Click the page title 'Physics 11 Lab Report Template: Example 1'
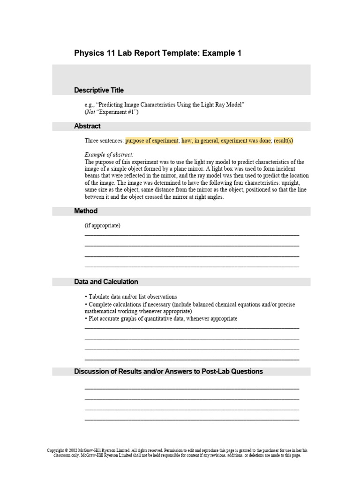157,53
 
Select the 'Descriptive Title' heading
99,90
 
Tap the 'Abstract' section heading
87,126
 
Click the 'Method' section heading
86,211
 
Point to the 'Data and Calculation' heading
106,282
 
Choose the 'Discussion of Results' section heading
168,371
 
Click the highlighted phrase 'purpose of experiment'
152,141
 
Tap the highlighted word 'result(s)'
284,141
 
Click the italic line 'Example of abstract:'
109,155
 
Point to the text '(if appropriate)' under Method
103,225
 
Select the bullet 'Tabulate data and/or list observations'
132,297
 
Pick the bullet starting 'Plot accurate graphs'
162,319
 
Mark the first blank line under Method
191,234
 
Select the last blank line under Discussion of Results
191,419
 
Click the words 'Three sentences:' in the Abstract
104,141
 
